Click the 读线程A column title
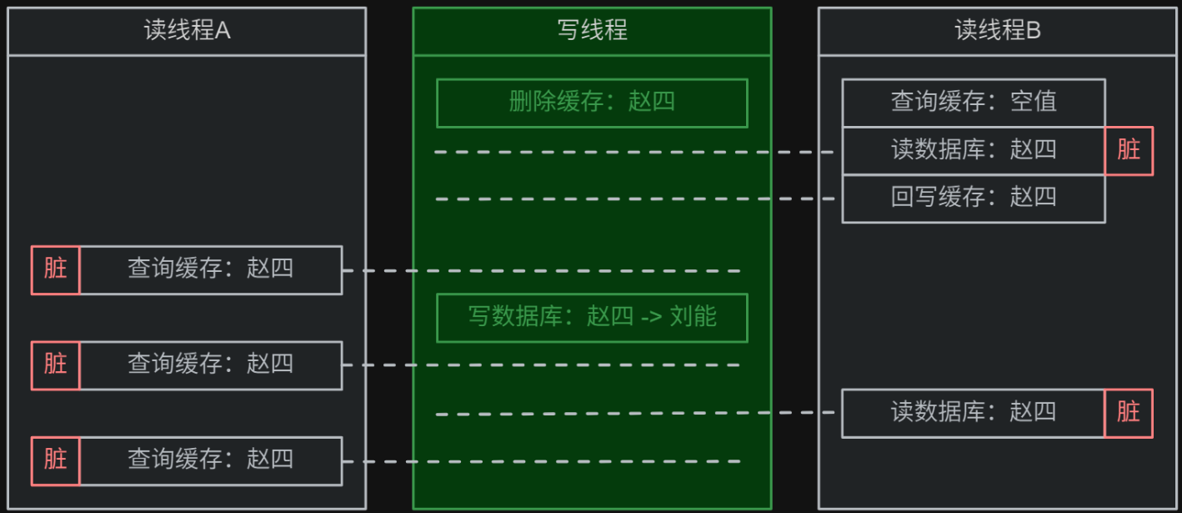coord(187,31)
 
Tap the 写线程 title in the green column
coord(592,31)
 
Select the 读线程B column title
coord(997,31)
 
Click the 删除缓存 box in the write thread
coord(592,103)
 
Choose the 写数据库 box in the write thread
coord(592,317)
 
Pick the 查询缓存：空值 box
coord(974,103)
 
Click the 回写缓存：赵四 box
coord(974,198)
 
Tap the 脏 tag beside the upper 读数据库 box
coord(1129,150)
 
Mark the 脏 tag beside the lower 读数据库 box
coord(1129,412)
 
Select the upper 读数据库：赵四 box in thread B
coord(974,150)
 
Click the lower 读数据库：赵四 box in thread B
coord(974,412)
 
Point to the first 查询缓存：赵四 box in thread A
coord(210,269)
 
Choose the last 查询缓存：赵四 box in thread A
coord(210,460)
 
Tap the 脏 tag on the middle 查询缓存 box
coord(56,365)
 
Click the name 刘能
coord(693,317)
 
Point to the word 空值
coord(1034,103)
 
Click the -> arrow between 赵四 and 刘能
coord(651,318)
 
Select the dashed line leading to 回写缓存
coord(634,199)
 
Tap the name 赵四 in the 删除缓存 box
coord(651,103)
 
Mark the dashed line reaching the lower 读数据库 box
coord(634,413)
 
